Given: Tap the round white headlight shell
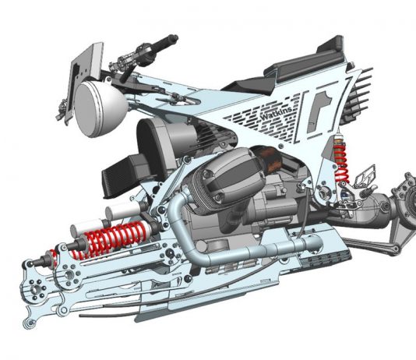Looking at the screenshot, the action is [100, 109].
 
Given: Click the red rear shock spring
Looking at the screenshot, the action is [340, 162].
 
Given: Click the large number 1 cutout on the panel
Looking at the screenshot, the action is [320, 111].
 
